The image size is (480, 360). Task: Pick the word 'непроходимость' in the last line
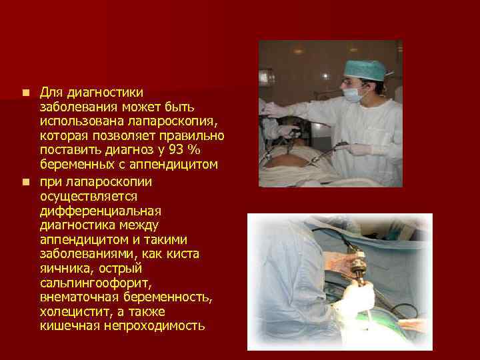[153, 326]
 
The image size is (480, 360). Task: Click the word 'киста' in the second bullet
[185, 253]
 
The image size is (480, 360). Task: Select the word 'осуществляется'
[89, 195]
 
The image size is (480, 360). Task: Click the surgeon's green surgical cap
[365, 68]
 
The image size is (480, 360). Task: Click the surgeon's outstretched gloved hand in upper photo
[273, 109]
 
